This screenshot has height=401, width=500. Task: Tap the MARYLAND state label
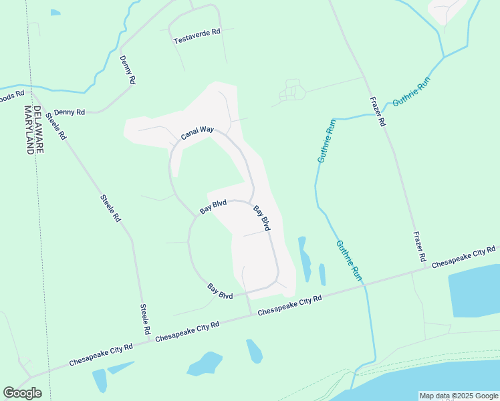pyautogui.click(x=29, y=130)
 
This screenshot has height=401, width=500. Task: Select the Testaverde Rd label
pyautogui.click(x=197, y=37)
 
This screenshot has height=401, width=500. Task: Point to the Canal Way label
pyautogui.click(x=197, y=134)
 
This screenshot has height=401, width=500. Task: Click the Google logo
pyautogui.click(x=22, y=393)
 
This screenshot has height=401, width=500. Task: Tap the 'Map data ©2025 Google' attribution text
pyautogui.click(x=459, y=396)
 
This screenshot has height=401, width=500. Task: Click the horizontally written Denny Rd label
pyautogui.click(x=70, y=112)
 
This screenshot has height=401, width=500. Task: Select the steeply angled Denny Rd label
pyautogui.click(x=128, y=70)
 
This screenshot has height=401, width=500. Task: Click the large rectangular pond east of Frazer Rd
pyautogui.click(x=475, y=294)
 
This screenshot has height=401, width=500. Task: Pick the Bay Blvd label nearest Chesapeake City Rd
pyautogui.click(x=220, y=291)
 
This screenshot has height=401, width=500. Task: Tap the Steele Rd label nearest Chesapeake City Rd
pyautogui.click(x=145, y=319)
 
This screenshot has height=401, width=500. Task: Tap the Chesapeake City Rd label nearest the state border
pyautogui.click(x=101, y=355)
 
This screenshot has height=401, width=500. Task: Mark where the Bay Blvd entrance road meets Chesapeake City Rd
pyautogui.click(x=251, y=315)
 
